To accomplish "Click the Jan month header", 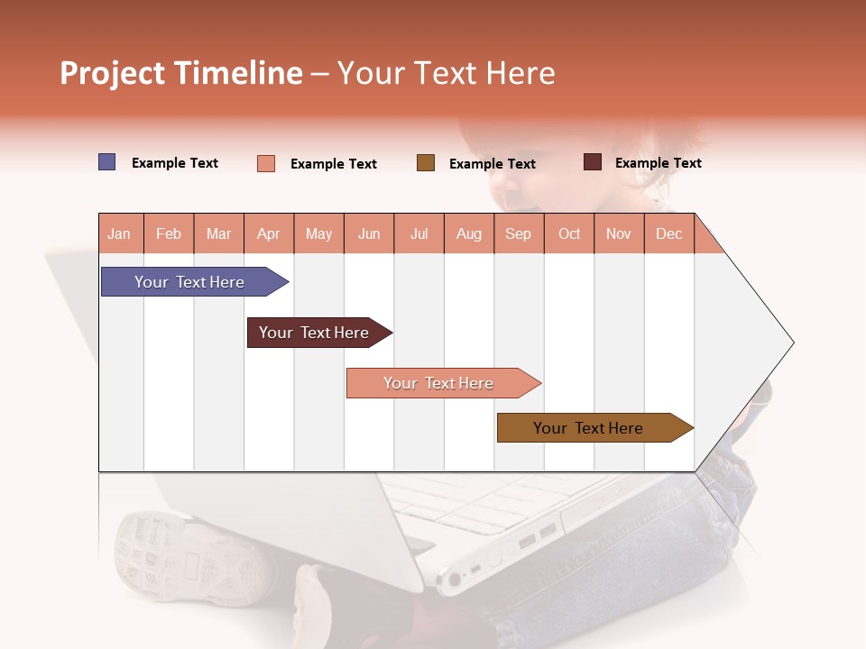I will tap(119, 233).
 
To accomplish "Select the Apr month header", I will tap(268, 233).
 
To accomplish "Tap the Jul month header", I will tap(419, 233).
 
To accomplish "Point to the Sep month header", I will tap(518, 233).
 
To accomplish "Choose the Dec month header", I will tap(668, 233).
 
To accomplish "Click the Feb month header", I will tap(169, 233).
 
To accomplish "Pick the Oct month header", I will tap(569, 233).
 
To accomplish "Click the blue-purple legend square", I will tap(107, 162).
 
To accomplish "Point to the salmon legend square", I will tap(266, 163).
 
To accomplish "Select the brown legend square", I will tap(426, 163).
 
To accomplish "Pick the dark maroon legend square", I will tap(593, 162).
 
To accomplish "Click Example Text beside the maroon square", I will tap(658, 163).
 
